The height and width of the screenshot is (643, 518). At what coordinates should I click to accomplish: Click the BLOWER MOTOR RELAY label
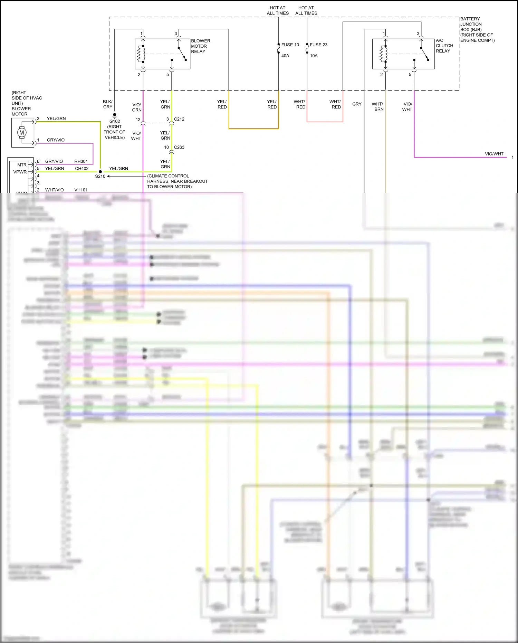click(200, 46)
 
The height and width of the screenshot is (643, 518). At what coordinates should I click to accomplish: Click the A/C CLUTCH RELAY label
click(444, 46)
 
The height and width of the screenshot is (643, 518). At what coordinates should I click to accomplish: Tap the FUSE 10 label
click(290, 45)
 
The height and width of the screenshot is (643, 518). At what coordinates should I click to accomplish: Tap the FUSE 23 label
click(318, 45)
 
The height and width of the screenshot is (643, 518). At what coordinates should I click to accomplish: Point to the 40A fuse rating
click(285, 56)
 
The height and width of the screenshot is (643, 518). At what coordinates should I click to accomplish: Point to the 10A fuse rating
click(314, 56)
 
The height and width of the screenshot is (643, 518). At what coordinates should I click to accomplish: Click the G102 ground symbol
click(115, 115)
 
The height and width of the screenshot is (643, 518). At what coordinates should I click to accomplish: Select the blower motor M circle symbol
click(22, 132)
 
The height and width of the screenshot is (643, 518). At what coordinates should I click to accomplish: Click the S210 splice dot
click(100, 171)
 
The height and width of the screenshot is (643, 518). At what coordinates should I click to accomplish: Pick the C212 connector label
click(179, 119)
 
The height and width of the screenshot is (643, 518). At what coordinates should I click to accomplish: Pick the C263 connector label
click(179, 147)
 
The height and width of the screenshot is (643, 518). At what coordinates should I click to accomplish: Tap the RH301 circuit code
click(81, 161)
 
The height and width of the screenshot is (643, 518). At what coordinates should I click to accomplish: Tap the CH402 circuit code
click(81, 169)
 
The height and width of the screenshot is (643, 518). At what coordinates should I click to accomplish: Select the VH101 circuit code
click(81, 190)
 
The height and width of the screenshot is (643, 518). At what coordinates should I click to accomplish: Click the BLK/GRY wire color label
click(108, 104)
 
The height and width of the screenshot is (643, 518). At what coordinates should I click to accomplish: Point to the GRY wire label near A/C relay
click(357, 104)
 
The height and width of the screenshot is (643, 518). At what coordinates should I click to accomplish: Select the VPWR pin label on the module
click(20, 172)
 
